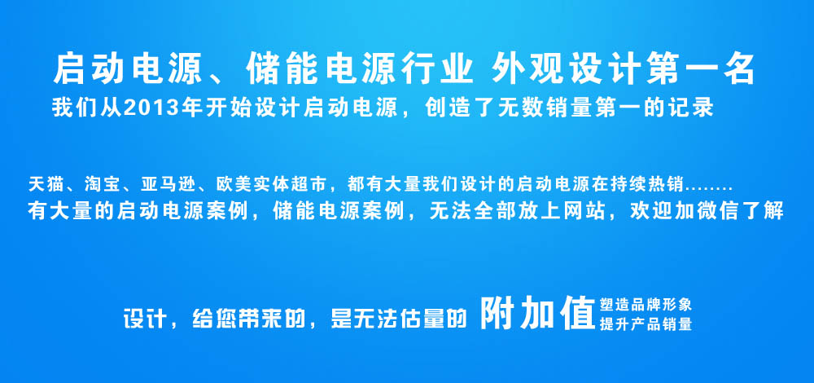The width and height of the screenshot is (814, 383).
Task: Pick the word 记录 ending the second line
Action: coord(696,108)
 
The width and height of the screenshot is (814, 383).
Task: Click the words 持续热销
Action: coord(654,184)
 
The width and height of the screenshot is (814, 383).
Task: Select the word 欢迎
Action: coord(647,211)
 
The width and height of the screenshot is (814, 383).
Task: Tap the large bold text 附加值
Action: coord(537,313)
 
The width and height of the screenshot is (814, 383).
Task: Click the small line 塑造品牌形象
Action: coord(646,304)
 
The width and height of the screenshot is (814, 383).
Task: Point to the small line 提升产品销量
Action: coord(646,324)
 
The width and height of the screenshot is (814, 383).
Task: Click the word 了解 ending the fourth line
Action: coord(766,211)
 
